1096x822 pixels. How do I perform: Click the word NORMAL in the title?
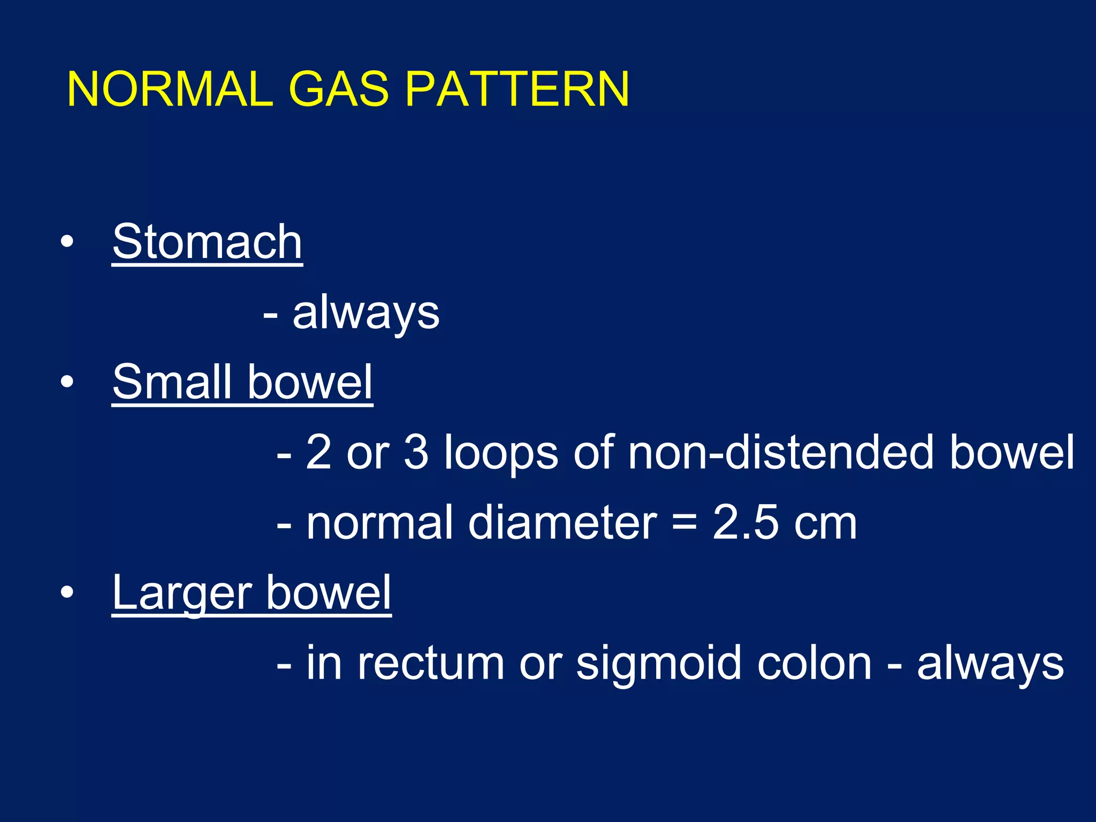coord(170,89)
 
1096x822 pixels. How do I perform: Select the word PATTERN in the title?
coord(517,89)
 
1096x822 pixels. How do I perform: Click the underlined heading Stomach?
coord(207,242)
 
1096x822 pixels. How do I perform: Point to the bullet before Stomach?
coord(67,242)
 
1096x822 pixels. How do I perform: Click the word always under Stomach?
coord(366,313)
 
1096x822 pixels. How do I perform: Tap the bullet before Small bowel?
coord(67,382)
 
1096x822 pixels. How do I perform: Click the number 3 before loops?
coord(416,452)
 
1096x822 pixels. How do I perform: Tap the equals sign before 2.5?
coord(684,523)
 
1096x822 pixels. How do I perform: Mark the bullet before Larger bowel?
coord(67,592)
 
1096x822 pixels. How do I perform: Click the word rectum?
coord(431,664)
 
